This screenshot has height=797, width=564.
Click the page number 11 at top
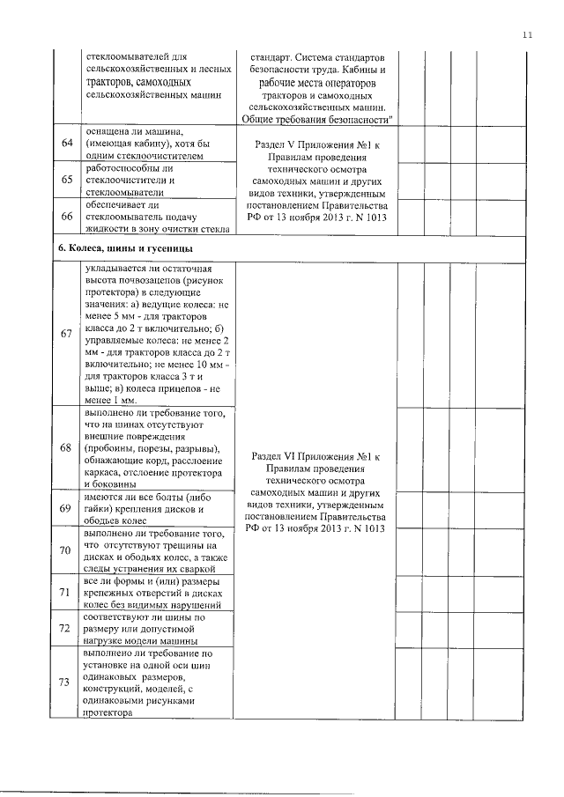(x=527, y=34)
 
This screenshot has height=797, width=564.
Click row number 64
(x=65, y=144)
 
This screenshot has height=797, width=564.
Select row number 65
(x=65, y=180)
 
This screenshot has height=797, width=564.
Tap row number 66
(x=65, y=217)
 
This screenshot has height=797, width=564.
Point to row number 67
(x=65, y=334)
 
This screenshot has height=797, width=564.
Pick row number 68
(x=65, y=447)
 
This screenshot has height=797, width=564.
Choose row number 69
(x=65, y=508)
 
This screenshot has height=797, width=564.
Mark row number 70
(x=65, y=550)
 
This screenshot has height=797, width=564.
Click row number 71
(x=65, y=593)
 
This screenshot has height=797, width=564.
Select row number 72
(x=65, y=629)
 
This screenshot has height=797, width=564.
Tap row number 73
(x=65, y=683)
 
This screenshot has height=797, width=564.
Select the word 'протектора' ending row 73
(x=106, y=714)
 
